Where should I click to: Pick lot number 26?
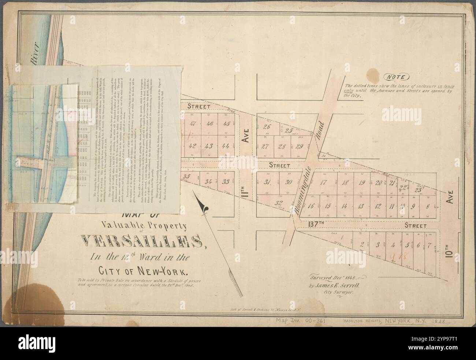tap(267, 127)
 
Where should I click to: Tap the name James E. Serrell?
tap(342, 286)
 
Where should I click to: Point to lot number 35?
tap(187, 177)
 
